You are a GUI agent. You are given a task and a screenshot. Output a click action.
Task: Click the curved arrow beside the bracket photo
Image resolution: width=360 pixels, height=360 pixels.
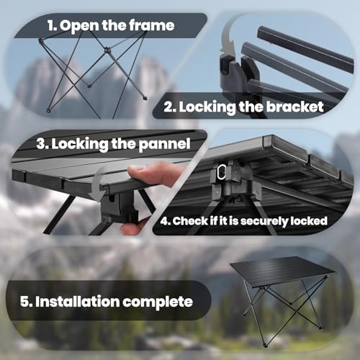point(230,46)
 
